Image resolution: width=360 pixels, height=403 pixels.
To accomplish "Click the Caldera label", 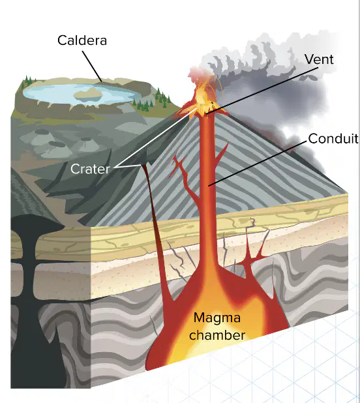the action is (x=82, y=40).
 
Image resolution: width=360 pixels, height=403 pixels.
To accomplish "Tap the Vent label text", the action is (x=319, y=59).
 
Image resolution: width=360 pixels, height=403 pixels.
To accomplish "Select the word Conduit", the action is (x=333, y=139).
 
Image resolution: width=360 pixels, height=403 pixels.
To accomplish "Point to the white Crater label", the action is (x=90, y=169).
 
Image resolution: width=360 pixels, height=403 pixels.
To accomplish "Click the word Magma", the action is (x=217, y=318).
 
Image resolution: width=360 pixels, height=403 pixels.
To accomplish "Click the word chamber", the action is (x=217, y=335).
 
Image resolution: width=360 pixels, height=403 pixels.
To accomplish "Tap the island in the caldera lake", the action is (x=88, y=94).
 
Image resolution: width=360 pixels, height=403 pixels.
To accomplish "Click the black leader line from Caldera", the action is (x=92, y=67).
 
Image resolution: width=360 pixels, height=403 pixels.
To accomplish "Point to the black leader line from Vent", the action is (x=262, y=91).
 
